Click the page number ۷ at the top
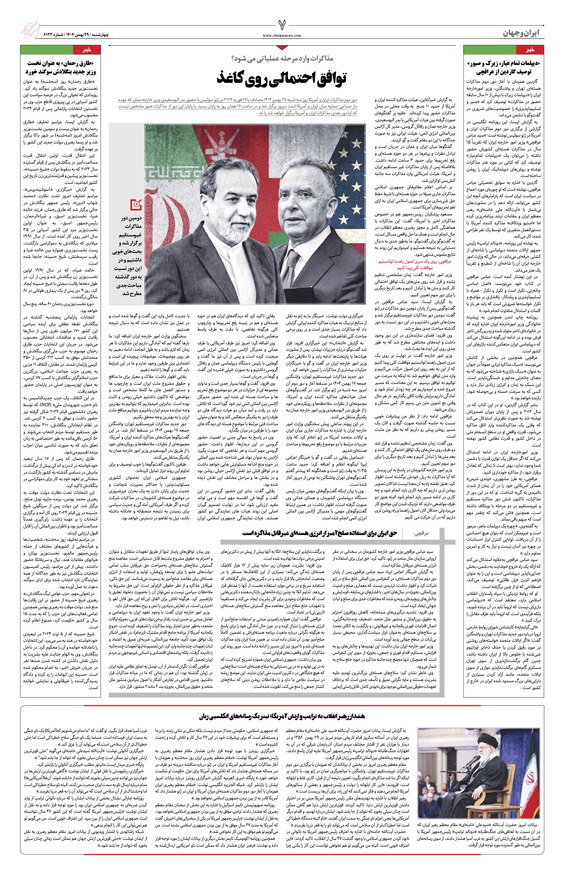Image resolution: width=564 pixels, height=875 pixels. [x=282, y=25]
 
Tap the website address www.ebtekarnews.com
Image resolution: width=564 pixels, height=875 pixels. [x=282, y=35]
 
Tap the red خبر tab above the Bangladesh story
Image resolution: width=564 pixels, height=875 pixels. [x=85, y=49]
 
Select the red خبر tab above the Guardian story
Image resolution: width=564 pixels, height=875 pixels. [x=529, y=49]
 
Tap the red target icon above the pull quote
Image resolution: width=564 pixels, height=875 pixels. [x=137, y=205]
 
